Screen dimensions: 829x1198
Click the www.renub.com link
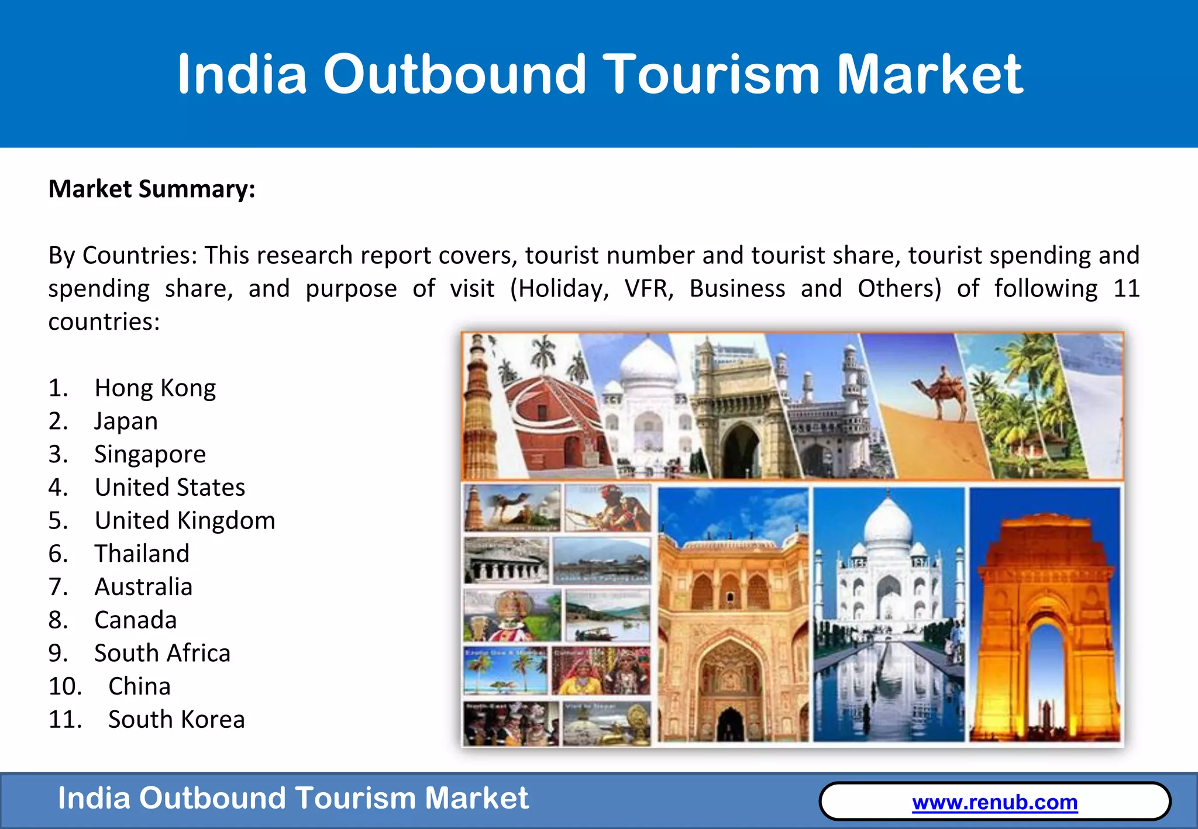pos(994,802)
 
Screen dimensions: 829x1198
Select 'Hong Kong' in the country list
pos(155,388)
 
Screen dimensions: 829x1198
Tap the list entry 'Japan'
pos(126,422)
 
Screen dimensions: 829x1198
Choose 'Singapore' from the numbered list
pos(150,454)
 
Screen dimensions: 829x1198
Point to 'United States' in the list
pos(170,488)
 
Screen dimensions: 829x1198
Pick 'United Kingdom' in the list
pos(185,521)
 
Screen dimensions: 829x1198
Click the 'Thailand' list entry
pos(142,554)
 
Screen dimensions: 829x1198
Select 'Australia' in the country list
pos(143,587)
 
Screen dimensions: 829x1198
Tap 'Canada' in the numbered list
pos(136,620)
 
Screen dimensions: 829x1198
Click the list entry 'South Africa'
pos(163,654)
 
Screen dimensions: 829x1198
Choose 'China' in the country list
pos(139,686)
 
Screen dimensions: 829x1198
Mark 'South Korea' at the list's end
pos(176,720)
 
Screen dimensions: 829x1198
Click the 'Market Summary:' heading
pos(152,189)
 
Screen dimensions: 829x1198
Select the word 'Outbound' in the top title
pos(455,74)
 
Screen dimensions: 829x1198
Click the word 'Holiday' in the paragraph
pos(562,289)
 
